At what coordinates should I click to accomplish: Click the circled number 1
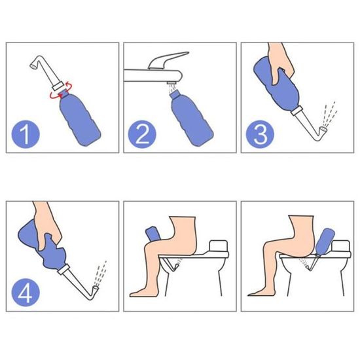coord(26,134)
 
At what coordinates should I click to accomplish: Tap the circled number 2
coord(142,134)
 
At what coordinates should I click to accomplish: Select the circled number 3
coord(260,134)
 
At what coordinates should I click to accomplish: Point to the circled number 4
coord(26,293)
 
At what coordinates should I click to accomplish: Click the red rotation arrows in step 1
coord(62,91)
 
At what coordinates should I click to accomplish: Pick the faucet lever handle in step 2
coord(168,60)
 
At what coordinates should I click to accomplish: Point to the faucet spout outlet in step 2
coord(171,82)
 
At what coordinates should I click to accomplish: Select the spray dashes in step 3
coord(329,114)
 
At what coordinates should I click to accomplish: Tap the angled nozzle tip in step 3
coord(324,130)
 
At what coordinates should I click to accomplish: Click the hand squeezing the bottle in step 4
coord(48,226)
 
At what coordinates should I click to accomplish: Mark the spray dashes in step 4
coord(100,273)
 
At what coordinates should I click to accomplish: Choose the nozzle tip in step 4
coord(96,289)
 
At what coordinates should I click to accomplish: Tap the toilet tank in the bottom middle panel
coord(219,246)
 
